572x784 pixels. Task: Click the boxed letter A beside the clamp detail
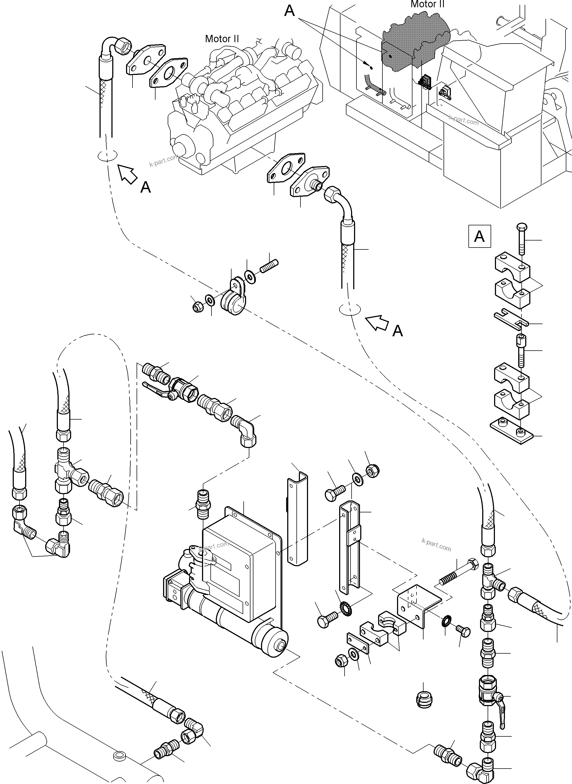(x=479, y=236)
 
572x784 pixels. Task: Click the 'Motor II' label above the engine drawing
(x=222, y=38)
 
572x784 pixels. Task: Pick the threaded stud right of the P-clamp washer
(x=269, y=267)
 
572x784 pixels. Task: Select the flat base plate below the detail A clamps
(x=511, y=431)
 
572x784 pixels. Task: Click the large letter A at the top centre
(x=289, y=11)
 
